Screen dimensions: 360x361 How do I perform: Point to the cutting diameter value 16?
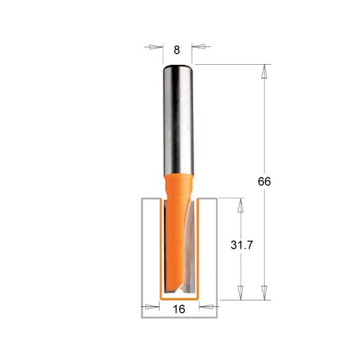[x=178, y=309]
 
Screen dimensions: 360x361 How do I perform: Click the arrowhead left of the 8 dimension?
[x=155, y=47]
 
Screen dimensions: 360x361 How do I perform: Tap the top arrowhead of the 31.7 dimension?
[x=240, y=206]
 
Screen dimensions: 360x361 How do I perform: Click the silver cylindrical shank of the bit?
[x=177, y=118]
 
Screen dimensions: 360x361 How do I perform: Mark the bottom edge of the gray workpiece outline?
[x=178, y=319]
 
